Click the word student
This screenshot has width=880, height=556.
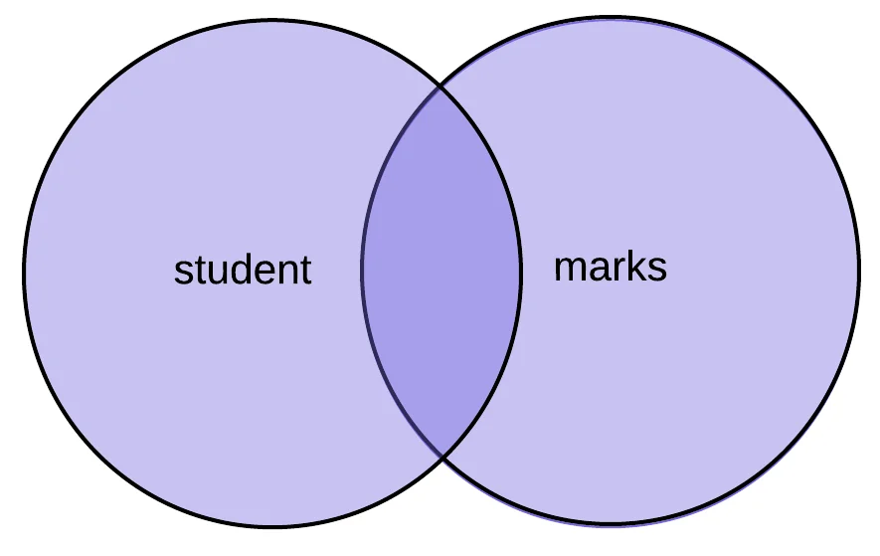tap(243, 270)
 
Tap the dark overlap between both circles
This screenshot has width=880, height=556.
tap(440, 271)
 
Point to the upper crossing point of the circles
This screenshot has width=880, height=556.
tap(440, 87)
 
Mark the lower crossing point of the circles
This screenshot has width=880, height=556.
tap(440, 456)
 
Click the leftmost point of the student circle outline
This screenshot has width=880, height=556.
tap(23, 271)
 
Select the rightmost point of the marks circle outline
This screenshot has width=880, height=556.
tap(859, 271)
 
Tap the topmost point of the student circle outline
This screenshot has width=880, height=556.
tap(271, 22)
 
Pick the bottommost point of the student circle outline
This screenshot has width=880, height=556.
tap(271, 526)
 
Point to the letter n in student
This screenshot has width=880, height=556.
tap(286, 272)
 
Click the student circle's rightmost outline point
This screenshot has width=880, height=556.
tap(521, 271)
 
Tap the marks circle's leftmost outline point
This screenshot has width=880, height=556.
tap(362, 271)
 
